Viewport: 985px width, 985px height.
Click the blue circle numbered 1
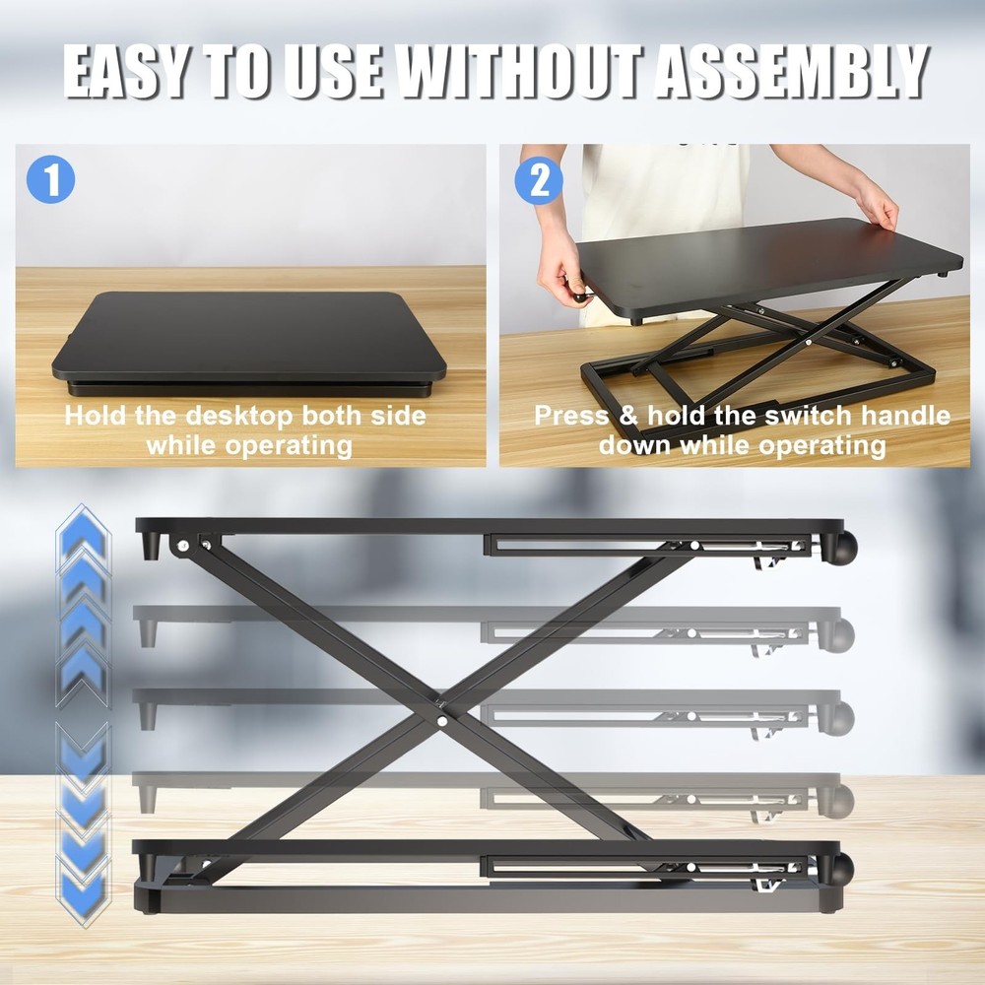[50, 180]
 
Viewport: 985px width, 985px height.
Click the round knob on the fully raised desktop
[845, 547]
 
